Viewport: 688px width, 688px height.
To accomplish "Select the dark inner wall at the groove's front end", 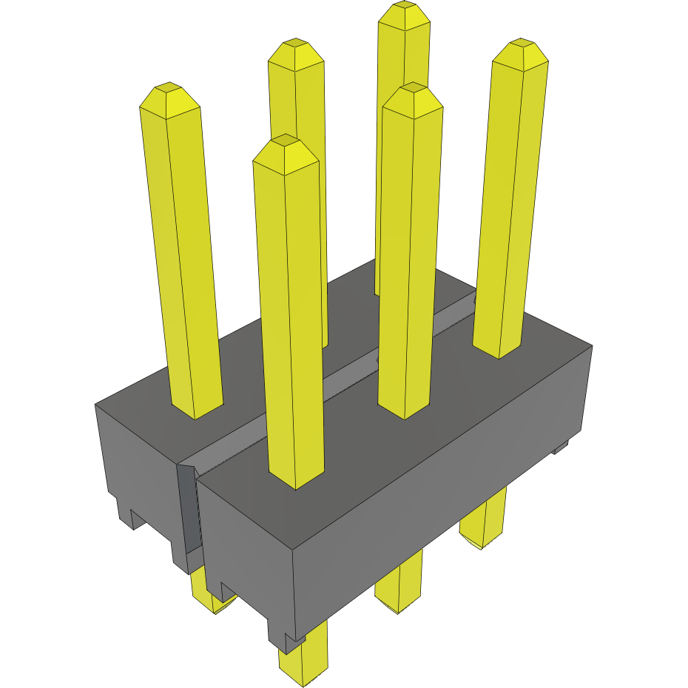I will pyautogui.click(x=189, y=510).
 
